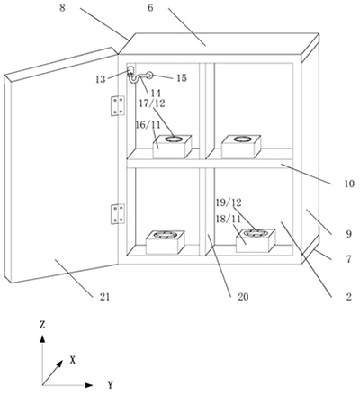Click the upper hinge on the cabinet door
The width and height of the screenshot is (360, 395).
coord(118,105)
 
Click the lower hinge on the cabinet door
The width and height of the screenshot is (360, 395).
coord(118,213)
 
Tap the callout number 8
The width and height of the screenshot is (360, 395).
coord(62,8)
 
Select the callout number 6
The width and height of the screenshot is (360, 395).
coord(150,8)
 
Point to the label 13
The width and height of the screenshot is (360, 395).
coord(101,79)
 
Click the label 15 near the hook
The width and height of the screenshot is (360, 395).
coord(182,78)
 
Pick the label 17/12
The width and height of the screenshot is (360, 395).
coord(152,103)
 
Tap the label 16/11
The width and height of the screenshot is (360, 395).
coord(148,125)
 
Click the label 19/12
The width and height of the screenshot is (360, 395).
coord(229,202)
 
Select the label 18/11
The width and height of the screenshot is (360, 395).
coord(229,219)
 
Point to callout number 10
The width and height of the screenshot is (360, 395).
coord(349,184)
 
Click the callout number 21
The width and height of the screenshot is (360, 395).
coord(104,297)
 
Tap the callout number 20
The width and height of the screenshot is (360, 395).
coord(243,297)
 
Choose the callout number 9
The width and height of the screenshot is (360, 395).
coord(348,234)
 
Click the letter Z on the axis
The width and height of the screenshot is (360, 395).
coord(42,325)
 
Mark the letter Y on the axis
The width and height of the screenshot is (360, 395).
coord(111,384)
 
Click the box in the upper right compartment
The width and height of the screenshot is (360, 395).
coord(241,147)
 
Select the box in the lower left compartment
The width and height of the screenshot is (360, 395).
coord(166,242)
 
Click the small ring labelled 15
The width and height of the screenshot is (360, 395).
coord(149,76)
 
